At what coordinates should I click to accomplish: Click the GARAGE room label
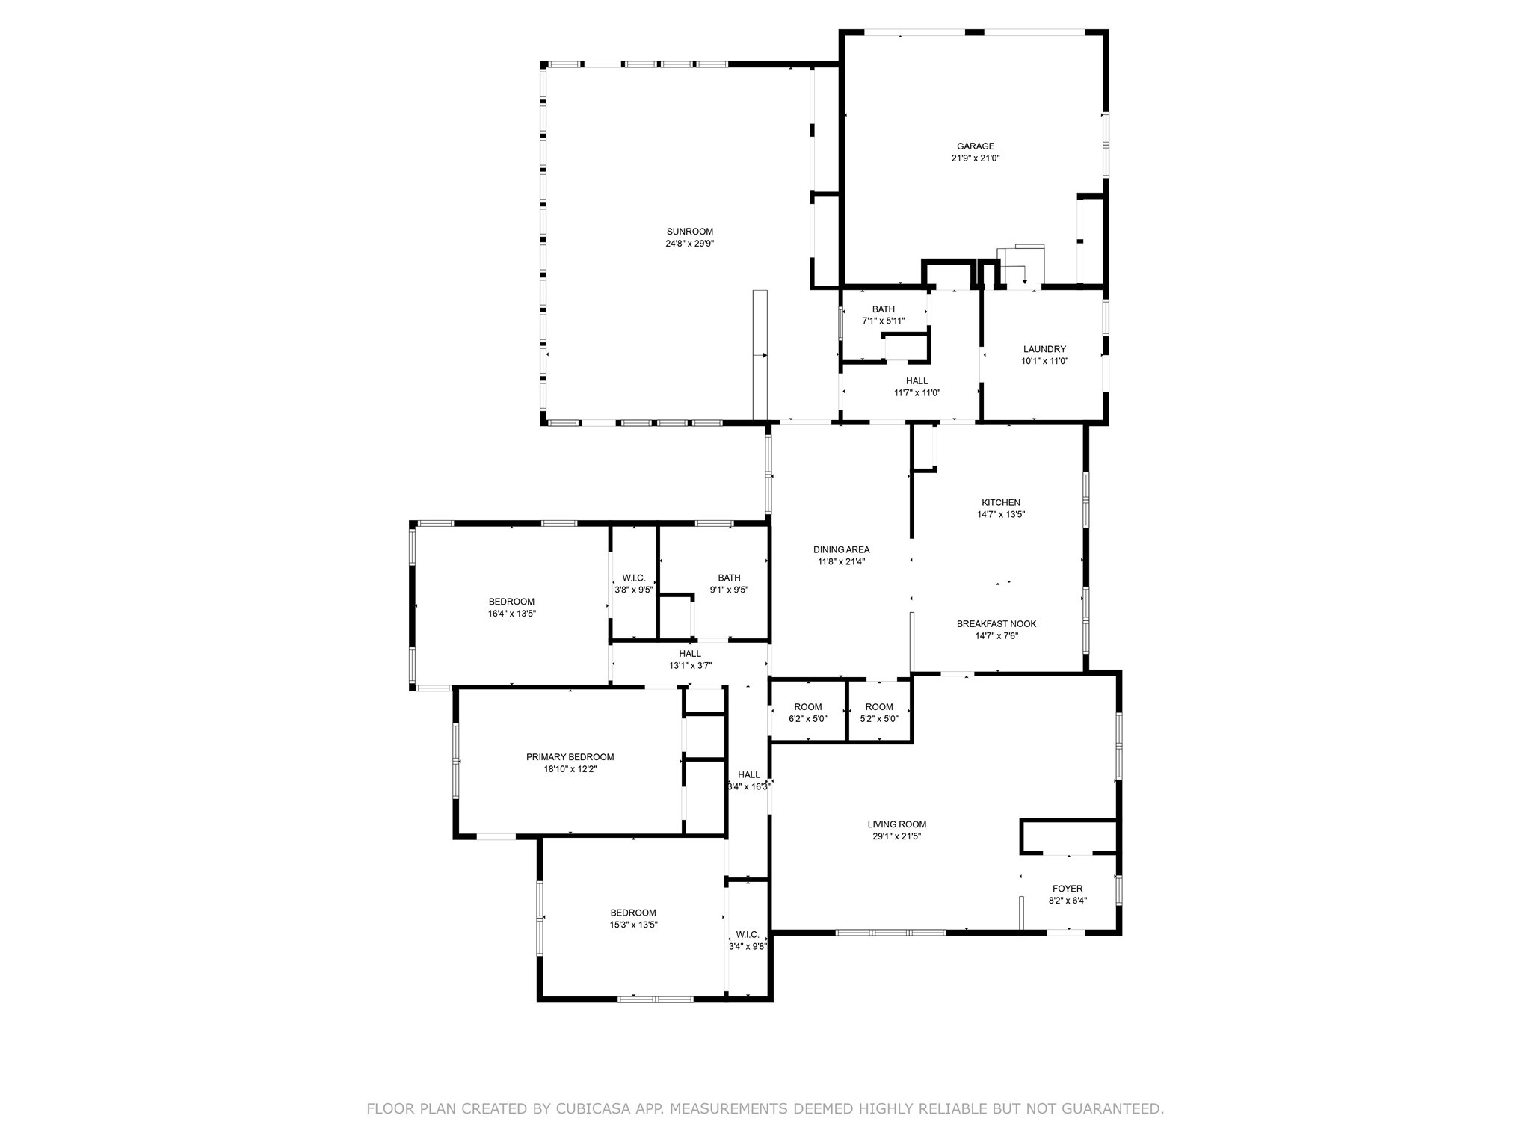(x=976, y=146)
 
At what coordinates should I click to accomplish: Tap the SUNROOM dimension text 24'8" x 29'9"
(x=689, y=244)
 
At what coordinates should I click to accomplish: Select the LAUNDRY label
(x=1044, y=349)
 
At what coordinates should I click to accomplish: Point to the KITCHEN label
(x=1000, y=503)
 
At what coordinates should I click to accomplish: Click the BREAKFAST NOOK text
(x=996, y=624)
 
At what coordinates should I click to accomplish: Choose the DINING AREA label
(x=841, y=550)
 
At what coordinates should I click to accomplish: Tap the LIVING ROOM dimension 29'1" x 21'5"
(x=896, y=836)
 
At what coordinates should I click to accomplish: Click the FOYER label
(x=1067, y=889)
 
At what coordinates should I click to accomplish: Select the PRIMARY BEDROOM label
(x=570, y=757)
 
